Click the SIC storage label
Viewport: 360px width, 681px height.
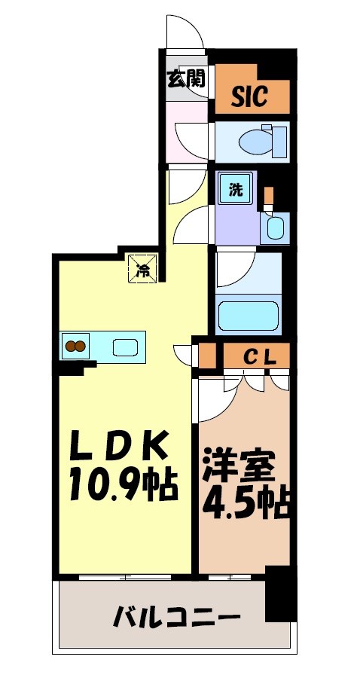[x=249, y=96]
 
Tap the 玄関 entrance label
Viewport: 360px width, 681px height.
[x=185, y=78]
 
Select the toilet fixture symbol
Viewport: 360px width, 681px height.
[x=260, y=140]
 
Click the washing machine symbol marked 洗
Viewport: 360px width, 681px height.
[x=236, y=190]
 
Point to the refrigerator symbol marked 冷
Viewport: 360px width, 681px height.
[x=143, y=269]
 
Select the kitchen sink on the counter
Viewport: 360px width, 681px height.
[x=125, y=347]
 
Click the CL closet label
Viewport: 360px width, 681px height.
[x=257, y=356]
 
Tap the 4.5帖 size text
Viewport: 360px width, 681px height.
[x=246, y=502]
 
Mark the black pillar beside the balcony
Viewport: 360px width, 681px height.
[x=280, y=595]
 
